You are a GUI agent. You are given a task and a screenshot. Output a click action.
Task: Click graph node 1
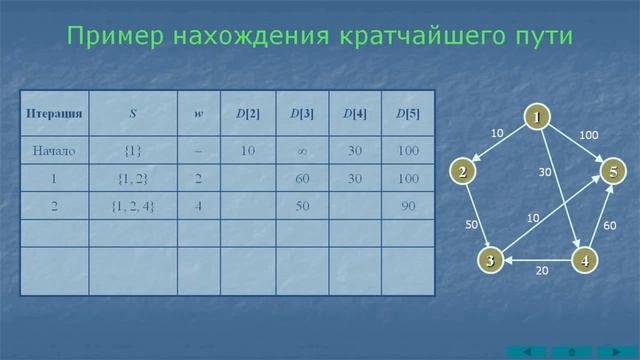pos(536,118)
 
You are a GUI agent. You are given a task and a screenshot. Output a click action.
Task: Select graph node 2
pos(462,172)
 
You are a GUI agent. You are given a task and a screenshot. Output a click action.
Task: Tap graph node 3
pos(490,261)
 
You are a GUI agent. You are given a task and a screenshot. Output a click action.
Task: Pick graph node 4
pos(584,261)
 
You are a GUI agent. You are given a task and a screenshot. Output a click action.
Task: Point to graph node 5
pos(613,172)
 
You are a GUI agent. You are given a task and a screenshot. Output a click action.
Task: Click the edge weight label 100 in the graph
pos(589,135)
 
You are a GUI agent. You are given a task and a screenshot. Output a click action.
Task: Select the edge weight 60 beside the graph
pos(610,226)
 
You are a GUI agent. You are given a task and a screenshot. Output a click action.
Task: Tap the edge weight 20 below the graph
pos(541,271)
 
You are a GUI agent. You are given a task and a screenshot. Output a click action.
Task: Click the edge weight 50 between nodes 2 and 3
pos(472,225)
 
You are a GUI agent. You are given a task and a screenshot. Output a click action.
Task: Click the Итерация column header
pos(54,113)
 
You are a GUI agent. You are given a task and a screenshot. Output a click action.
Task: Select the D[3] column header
pos(302,113)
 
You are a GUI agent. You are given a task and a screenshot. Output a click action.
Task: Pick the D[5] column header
pos(407,113)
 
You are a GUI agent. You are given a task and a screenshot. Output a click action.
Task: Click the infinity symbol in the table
pos(302,151)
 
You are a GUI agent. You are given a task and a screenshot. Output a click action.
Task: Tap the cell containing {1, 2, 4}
pos(132,206)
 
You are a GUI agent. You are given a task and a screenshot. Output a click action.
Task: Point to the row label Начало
pos(54,151)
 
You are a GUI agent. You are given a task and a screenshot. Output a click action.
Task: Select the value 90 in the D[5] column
pos(407,206)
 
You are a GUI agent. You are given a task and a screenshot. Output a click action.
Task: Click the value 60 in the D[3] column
pos(302,179)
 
